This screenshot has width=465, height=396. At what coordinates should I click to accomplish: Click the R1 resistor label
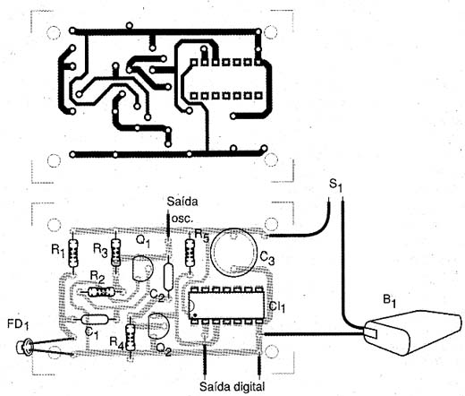point(58,250)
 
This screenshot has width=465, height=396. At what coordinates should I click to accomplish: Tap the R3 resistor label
point(100,250)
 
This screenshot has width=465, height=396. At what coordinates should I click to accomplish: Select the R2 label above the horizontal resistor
point(97,278)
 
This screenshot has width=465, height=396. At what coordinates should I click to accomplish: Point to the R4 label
point(116,342)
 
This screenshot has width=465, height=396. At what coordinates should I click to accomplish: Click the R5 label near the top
point(201,235)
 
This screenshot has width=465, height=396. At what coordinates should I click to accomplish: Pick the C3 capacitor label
point(267,257)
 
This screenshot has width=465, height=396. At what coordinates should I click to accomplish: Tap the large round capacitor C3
point(233,252)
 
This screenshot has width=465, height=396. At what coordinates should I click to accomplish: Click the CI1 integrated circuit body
point(226,306)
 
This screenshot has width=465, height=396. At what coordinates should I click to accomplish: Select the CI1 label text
point(277,306)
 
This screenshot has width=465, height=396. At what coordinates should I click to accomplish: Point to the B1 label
point(390,301)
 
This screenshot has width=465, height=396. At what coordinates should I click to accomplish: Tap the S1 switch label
point(336,185)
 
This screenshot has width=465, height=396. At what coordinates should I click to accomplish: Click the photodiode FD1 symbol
point(24,348)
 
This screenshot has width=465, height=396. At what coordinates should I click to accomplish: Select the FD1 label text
point(18,325)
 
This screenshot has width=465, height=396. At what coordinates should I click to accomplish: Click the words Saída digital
point(232,386)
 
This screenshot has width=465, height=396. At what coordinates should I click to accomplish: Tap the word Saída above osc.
point(182,202)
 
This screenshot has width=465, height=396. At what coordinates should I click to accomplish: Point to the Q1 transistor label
point(143,241)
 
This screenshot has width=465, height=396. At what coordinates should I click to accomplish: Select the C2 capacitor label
point(157,295)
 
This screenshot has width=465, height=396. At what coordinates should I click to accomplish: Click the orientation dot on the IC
point(195,315)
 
